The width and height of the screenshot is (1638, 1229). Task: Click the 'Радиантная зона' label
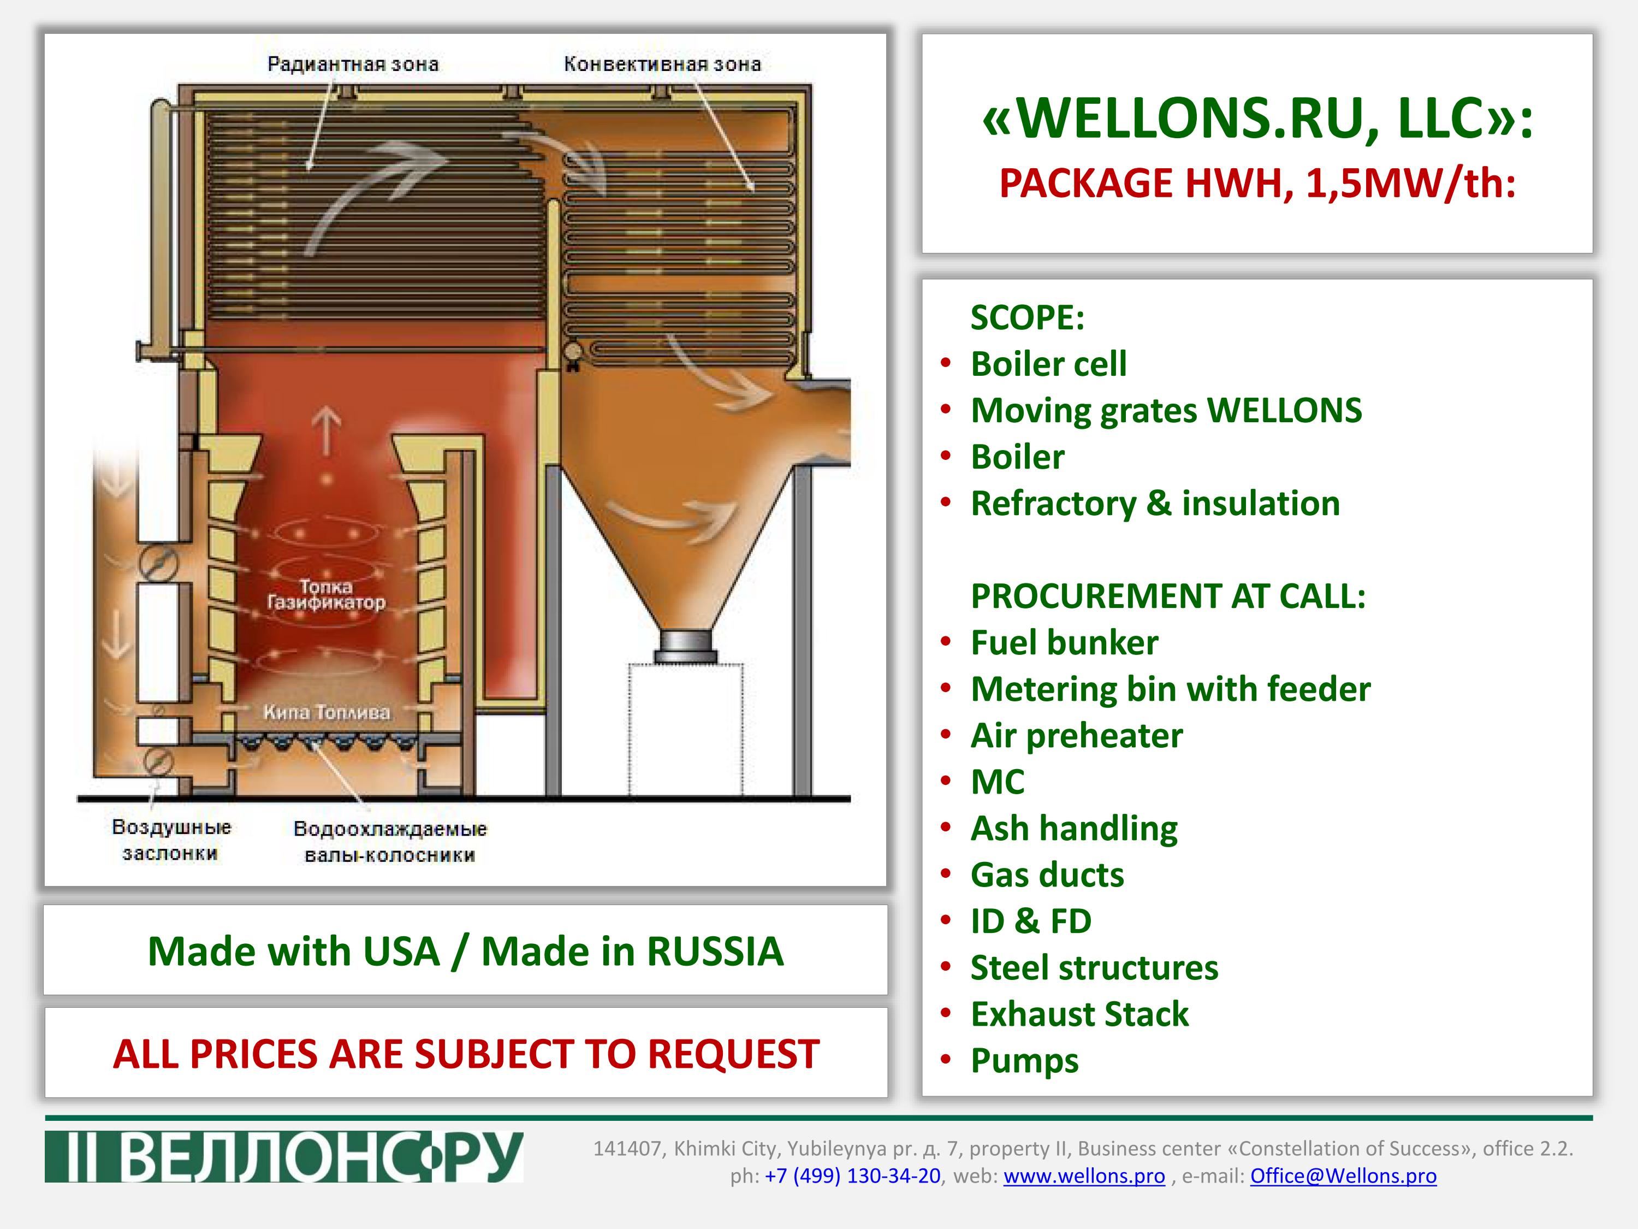click(x=353, y=64)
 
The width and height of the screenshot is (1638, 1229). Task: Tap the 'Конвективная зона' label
click(x=662, y=64)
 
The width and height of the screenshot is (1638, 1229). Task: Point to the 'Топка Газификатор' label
click(x=327, y=595)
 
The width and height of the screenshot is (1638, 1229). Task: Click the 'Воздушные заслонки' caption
click(x=171, y=840)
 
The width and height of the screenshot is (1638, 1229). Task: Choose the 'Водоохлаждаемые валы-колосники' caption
click(x=390, y=842)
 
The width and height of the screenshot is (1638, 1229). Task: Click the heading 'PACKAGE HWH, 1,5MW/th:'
click(x=1257, y=183)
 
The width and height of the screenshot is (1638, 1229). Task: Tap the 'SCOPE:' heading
click(x=1028, y=318)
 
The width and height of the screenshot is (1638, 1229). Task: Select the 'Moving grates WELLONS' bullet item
click(x=1166, y=410)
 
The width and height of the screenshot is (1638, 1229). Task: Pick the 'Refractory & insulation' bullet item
click(x=1155, y=504)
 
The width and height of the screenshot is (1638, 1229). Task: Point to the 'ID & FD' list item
click(x=1031, y=921)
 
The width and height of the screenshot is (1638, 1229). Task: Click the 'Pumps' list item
click(x=1025, y=1061)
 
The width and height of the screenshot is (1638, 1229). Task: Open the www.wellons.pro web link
click(x=1084, y=1175)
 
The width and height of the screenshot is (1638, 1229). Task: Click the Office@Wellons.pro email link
click(x=1343, y=1175)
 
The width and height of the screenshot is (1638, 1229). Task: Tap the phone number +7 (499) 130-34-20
click(x=852, y=1175)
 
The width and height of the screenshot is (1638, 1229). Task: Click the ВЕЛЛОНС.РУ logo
click(x=283, y=1156)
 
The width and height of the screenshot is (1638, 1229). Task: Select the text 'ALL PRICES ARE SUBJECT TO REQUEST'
click(x=466, y=1054)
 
